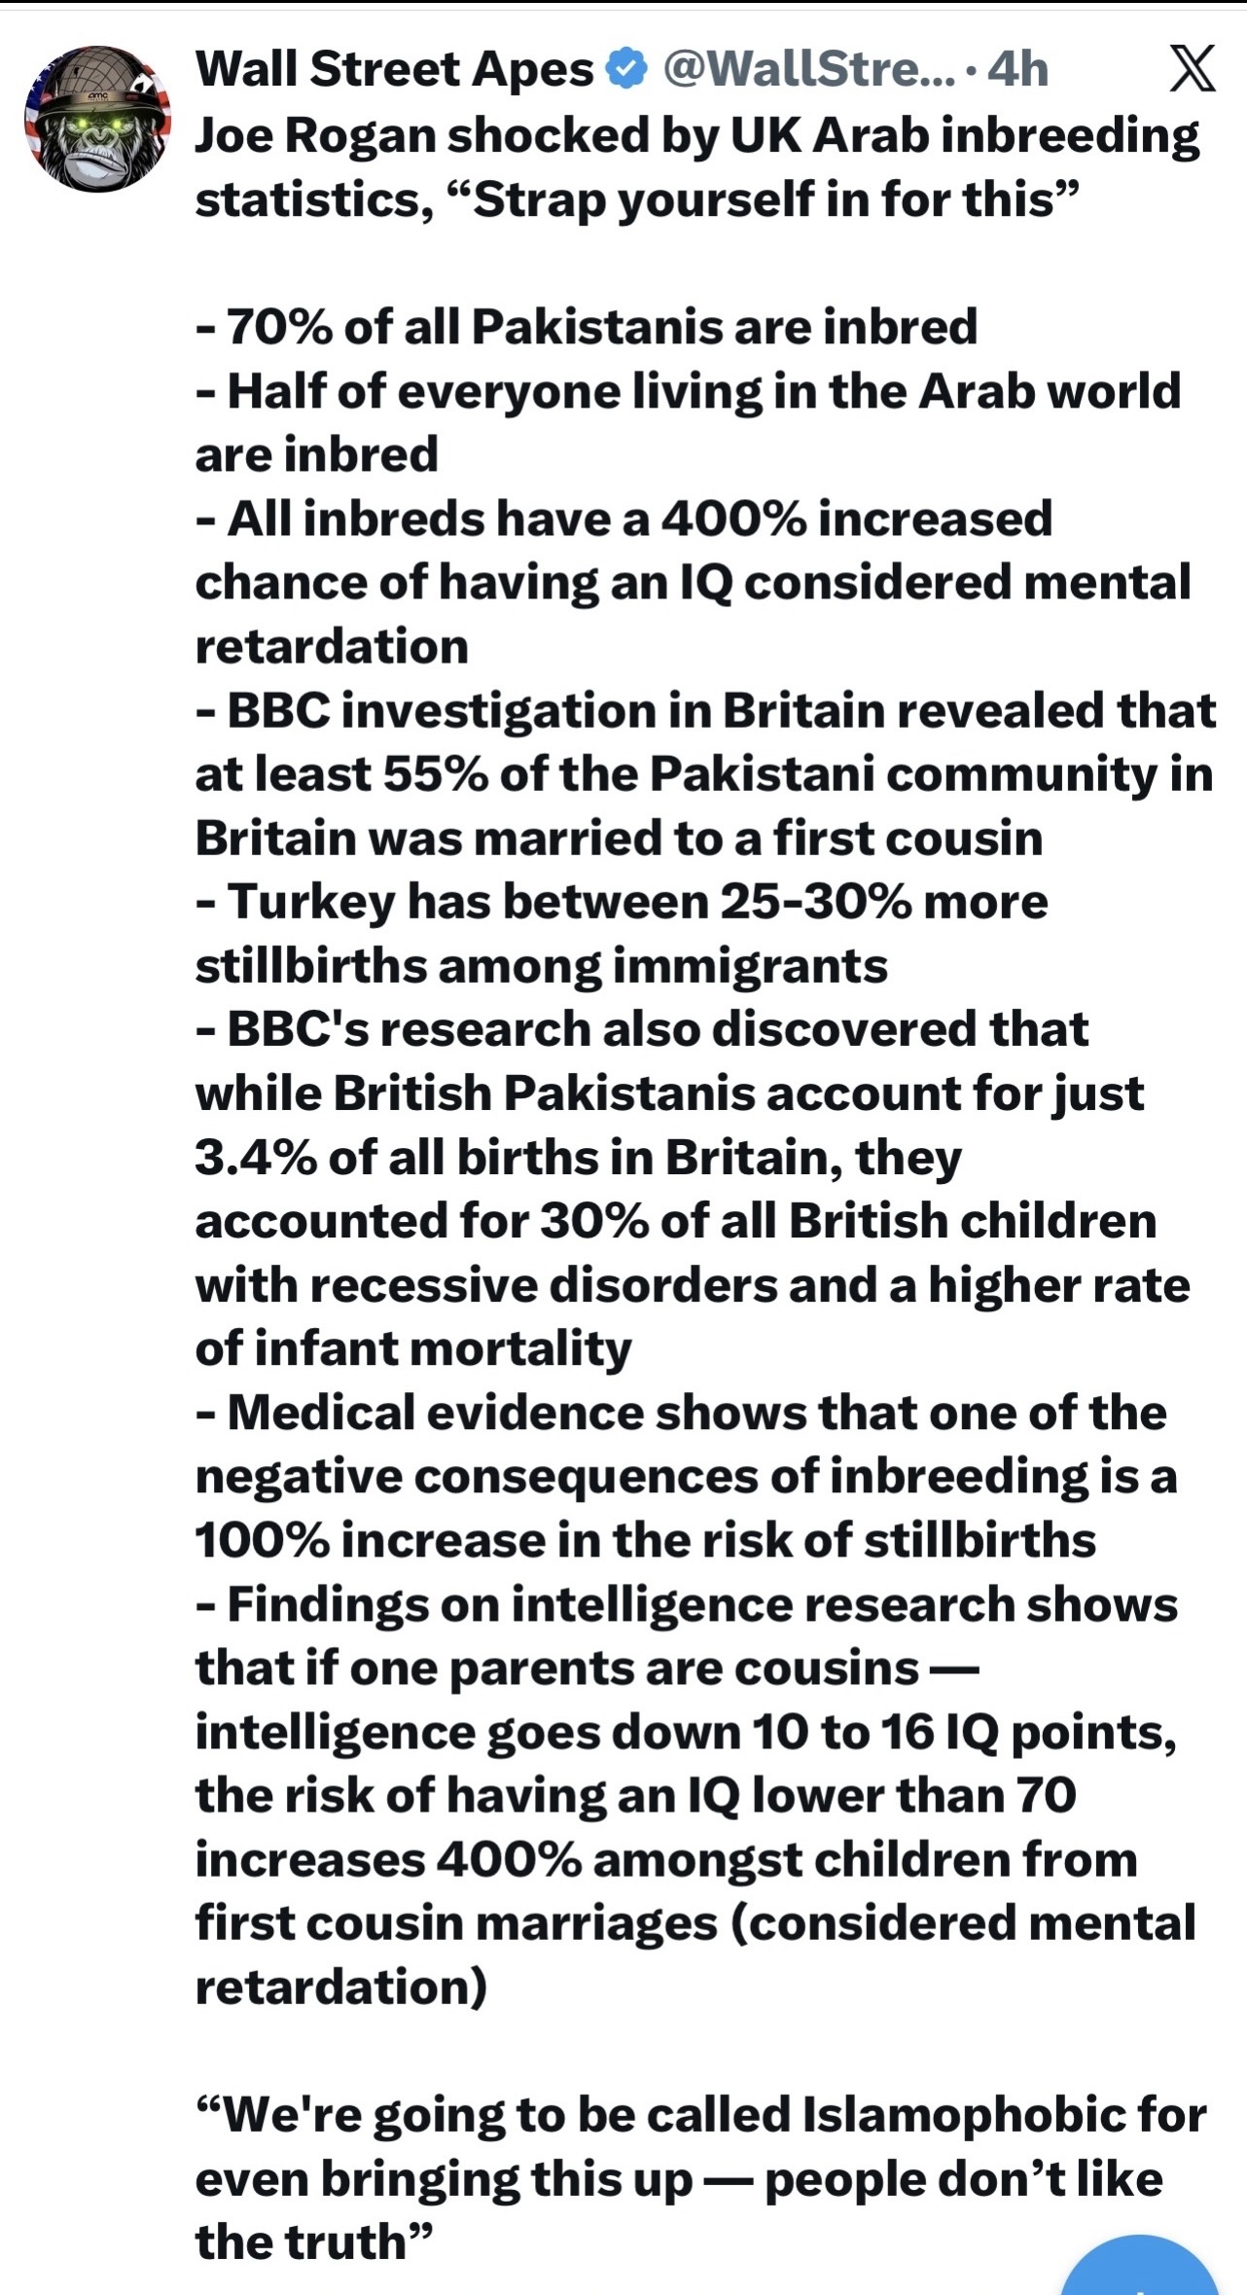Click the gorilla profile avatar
(97, 119)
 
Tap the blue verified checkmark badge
(626, 70)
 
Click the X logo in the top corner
(1192, 70)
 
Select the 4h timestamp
(1017, 70)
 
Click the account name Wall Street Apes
(394, 70)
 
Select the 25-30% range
(815, 903)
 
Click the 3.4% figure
(255, 1158)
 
